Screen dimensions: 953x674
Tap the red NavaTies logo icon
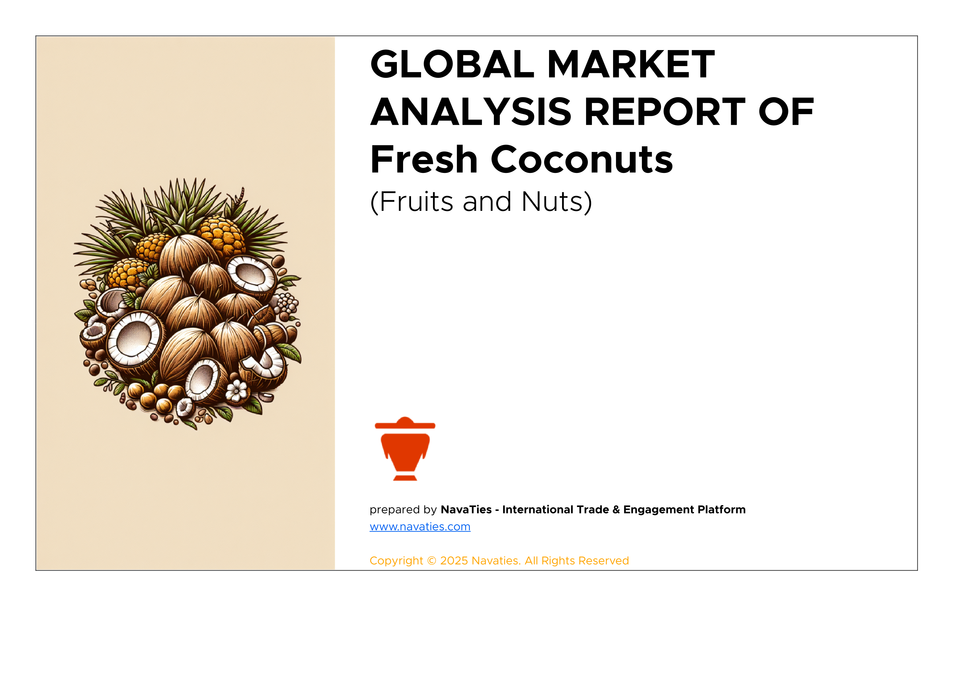[405, 449]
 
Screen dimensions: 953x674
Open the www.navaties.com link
[420, 527]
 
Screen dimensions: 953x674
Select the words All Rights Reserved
[577, 561]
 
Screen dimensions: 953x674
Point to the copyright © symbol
[432, 561]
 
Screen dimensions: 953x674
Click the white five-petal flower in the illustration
[237, 391]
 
